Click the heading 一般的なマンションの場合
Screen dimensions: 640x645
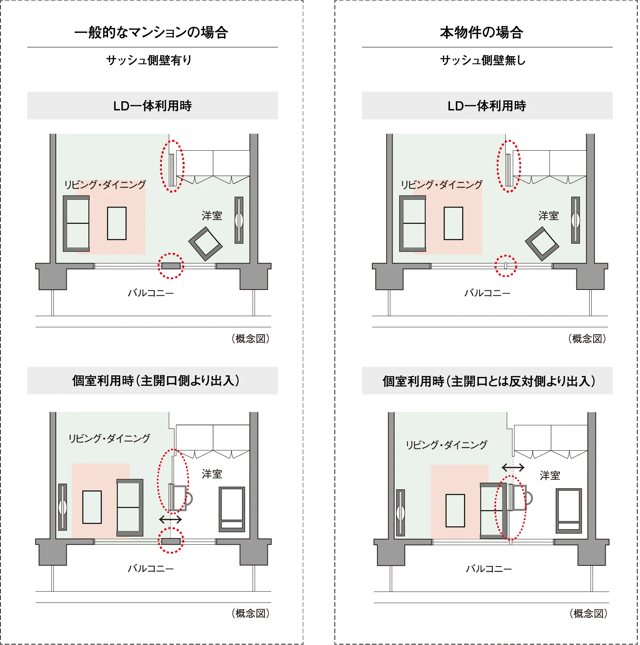[x=151, y=32]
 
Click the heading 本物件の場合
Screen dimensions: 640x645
[x=482, y=32]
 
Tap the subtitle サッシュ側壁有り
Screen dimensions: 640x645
[x=149, y=60]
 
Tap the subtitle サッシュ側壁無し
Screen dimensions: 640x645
[x=483, y=60]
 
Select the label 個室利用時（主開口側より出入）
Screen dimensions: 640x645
[x=156, y=380]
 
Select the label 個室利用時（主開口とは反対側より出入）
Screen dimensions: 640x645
[x=489, y=381]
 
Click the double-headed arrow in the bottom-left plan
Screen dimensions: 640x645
[x=171, y=519]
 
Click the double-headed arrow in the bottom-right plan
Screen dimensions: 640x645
[x=513, y=467]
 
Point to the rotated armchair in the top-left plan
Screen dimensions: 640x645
[x=206, y=244]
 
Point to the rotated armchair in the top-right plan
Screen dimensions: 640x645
[x=542, y=244]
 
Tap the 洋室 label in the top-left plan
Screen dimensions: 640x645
[x=212, y=216]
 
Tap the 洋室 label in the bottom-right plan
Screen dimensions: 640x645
[x=550, y=475]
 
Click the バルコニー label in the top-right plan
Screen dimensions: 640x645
[x=487, y=293]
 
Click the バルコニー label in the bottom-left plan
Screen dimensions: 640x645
[x=151, y=569]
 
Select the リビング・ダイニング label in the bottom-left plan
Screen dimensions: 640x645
[x=109, y=438]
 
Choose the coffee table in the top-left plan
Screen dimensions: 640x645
[x=117, y=223]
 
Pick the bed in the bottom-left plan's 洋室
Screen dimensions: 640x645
[x=232, y=509]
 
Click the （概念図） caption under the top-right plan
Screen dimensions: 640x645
[x=587, y=339]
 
